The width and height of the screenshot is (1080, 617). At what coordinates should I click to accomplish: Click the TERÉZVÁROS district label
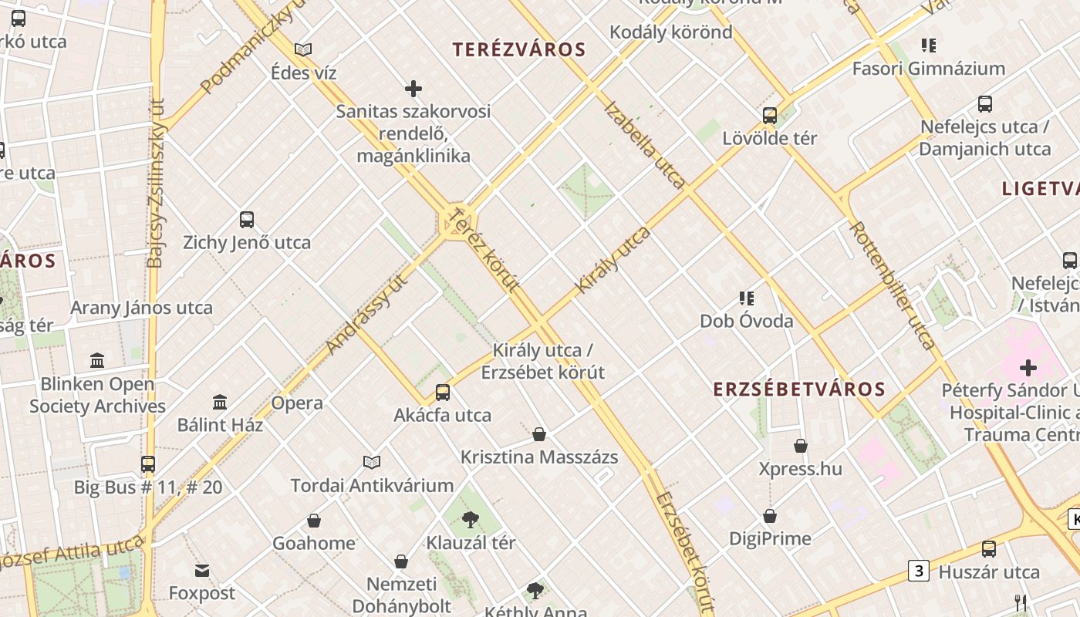[519, 50]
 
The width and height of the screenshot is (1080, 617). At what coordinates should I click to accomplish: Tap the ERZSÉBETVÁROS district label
[799, 389]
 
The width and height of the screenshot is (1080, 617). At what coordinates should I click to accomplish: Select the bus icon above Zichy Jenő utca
[247, 220]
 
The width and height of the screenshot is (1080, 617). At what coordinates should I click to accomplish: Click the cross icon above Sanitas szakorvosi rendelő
[413, 89]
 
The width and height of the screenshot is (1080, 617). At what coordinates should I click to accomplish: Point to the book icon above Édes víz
[303, 50]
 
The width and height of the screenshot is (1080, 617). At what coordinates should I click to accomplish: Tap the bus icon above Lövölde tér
[770, 116]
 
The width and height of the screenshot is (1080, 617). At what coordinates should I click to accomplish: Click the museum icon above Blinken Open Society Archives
[97, 360]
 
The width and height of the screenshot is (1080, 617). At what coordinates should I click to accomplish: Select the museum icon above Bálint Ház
[220, 402]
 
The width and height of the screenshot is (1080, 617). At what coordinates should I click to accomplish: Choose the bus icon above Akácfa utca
[443, 392]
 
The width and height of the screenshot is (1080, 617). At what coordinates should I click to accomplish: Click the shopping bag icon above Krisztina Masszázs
[539, 434]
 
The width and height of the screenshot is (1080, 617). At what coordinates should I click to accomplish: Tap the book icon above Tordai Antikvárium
[372, 462]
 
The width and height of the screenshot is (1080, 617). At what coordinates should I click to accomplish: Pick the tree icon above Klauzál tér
[471, 520]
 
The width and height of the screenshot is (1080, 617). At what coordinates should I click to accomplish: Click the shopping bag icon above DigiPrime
[770, 516]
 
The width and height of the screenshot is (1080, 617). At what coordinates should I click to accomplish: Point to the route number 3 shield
[918, 571]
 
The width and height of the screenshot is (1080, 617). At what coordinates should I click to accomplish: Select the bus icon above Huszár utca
[989, 549]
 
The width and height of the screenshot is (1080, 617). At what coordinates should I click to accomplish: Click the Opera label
[297, 403]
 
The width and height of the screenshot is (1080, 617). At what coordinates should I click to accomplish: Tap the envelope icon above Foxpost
[202, 571]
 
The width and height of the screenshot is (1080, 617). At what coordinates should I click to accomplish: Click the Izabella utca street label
[644, 145]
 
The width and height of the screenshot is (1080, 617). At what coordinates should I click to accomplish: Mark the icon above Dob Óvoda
[746, 298]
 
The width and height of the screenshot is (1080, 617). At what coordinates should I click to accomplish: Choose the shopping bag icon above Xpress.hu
[801, 446]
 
